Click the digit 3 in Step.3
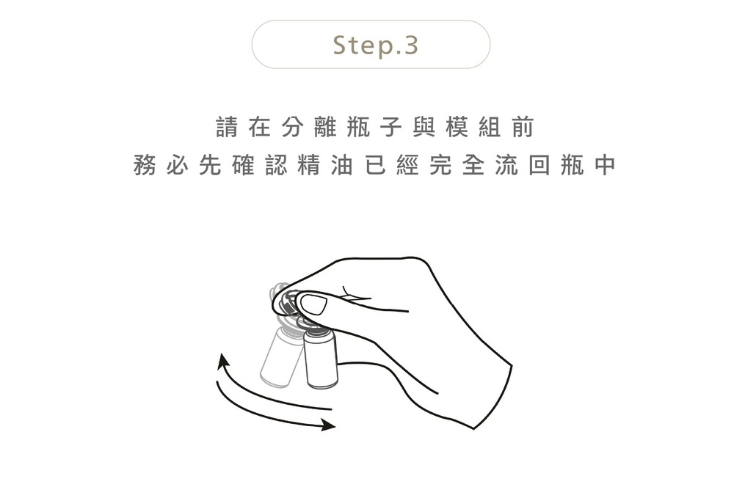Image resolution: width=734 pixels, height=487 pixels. [x=410, y=45]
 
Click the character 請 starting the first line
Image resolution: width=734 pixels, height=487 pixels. [x=227, y=127]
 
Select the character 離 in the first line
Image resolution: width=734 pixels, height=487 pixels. [x=325, y=127]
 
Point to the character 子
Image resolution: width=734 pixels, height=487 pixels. [x=391, y=127]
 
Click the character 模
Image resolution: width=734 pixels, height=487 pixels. [x=457, y=127]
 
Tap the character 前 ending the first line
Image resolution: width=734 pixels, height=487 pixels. [x=523, y=127]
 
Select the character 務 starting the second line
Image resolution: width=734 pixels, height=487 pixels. [x=144, y=165]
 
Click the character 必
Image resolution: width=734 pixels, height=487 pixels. [x=178, y=165]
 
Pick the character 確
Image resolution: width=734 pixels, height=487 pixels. [x=243, y=165]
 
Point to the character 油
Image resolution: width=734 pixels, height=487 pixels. [x=342, y=165]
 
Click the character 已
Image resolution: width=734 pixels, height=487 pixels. [x=375, y=165]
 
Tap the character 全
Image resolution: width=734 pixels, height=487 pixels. [x=473, y=165]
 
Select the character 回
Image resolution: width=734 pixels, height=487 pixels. [x=539, y=165]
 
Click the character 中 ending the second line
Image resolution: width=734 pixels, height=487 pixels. [x=605, y=165]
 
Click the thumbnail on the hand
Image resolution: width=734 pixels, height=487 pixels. [x=313, y=304]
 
